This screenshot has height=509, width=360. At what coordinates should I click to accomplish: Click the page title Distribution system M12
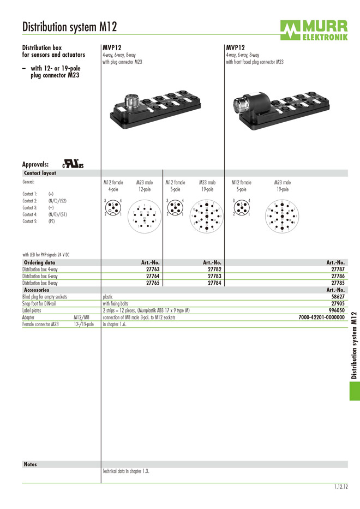[69, 27]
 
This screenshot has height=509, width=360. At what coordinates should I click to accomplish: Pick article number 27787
[338, 270]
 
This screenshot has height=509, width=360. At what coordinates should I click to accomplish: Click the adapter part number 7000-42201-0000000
[322, 317]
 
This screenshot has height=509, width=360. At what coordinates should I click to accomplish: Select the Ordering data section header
[39, 262]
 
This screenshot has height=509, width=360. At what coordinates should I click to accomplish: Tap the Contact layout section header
[40, 173]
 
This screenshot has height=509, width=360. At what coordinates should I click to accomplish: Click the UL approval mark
[73, 164]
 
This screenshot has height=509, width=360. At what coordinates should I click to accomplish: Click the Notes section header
[30, 464]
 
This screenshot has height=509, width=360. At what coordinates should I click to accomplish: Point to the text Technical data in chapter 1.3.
[126, 471]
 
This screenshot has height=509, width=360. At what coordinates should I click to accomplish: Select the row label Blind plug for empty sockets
[45, 297]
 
